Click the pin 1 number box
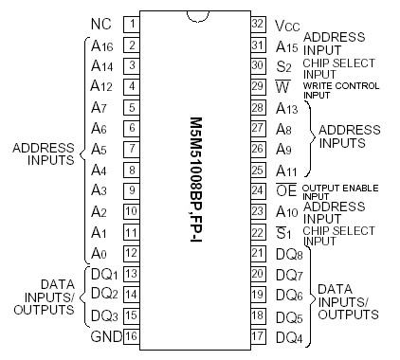pos(133,23)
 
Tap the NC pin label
pos(101,23)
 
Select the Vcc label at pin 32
pos(283,24)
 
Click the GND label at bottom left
pos(101,336)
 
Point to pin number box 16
pos(133,336)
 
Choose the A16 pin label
pos(102,45)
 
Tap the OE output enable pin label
pos(283,190)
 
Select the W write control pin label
pos(282,87)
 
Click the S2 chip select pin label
pos(282,66)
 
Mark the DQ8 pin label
pos(286,254)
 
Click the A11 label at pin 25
pos(285,170)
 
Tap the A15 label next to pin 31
pos(285,45)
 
